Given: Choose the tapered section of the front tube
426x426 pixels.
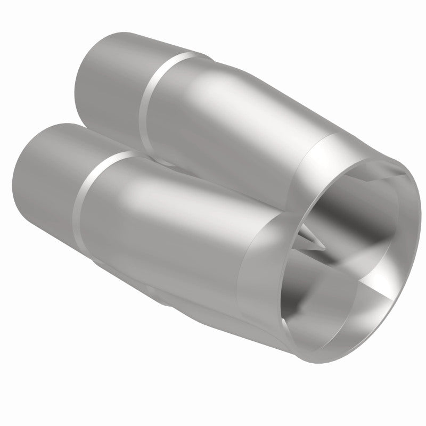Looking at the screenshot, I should click(x=176, y=224).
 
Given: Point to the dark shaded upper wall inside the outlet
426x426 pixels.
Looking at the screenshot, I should click(x=341, y=197).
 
